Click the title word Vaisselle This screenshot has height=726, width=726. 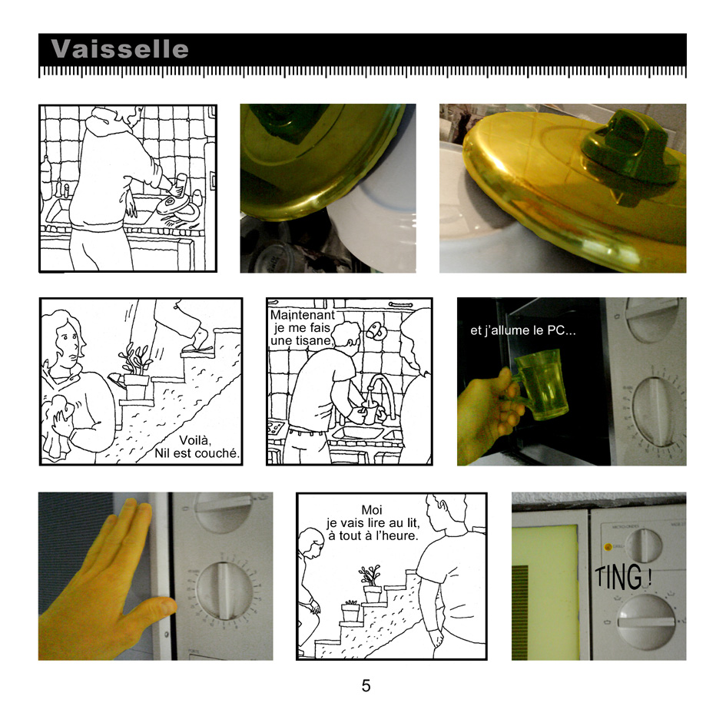pyautogui.click(x=120, y=49)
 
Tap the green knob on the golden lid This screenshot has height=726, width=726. pyautogui.click(x=630, y=154)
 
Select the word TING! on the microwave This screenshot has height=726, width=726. pyautogui.click(x=621, y=577)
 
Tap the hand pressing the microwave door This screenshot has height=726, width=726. pyautogui.click(x=108, y=584)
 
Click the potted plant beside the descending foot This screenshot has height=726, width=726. pyautogui.click(x=136, y=373)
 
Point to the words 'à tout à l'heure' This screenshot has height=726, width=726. pyautogui.click(x=373, y=535)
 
